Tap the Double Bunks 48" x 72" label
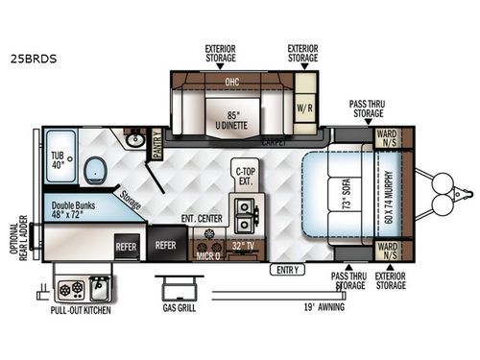click(x=75, y=211)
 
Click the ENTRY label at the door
click(x=288, y=270)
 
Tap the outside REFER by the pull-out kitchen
click(x=127, y=245)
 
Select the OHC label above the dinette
click(x=231, y=82)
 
